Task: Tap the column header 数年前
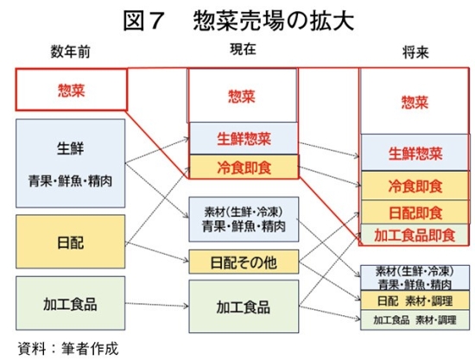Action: pos(70,52)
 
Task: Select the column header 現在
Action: pos(243,49)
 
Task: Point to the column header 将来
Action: pos(415,53)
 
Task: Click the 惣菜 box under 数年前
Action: pos(71,90)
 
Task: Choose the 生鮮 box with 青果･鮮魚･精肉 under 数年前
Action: pos(70,163)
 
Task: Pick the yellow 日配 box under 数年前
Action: pos(70,242)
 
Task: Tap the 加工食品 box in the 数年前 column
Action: pos(70,303)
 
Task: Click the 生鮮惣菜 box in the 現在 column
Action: pos(244,138)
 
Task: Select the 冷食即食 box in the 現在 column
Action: pos(244,167)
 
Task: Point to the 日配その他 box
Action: pos(244,262)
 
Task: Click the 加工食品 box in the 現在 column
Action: pos(244,306)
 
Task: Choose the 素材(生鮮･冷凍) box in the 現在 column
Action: pos(244,219)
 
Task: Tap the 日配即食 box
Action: pos(415,212)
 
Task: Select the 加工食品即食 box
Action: pos(415,235)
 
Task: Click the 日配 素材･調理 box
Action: pos(415,300)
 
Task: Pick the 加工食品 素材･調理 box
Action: pos(415,320)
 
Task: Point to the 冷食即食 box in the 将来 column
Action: pos(415,186)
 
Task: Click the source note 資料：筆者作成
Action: pos(68,348)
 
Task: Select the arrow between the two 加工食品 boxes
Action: pos(157,305)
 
